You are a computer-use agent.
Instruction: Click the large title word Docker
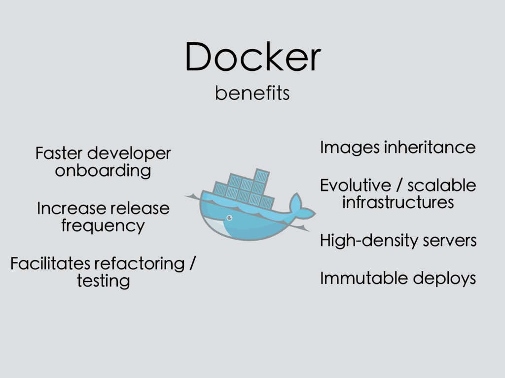[x=253, y=57]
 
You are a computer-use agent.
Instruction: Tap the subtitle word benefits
[x=252, y=93]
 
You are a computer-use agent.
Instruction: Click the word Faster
[x=59, y=153]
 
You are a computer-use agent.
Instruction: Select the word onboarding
[x=103, y=171]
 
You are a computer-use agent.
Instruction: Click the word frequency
[x=103, y=226]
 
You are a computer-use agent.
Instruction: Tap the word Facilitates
[x=50, y=264]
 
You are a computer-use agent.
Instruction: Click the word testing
[x=104, y=281]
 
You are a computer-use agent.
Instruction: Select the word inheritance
[x=430, y=148]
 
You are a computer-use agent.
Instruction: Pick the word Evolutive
[x=356, y=186]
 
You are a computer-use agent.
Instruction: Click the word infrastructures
[x=398, y=202]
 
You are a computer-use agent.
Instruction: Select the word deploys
[x=444, y=279]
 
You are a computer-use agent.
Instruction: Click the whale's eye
[x=230, y=218]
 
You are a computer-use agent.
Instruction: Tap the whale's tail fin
[x=301, y=207]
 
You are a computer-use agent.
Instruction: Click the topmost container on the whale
[x=261, y=176]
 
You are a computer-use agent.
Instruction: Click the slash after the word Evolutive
[x=399, y=186]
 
